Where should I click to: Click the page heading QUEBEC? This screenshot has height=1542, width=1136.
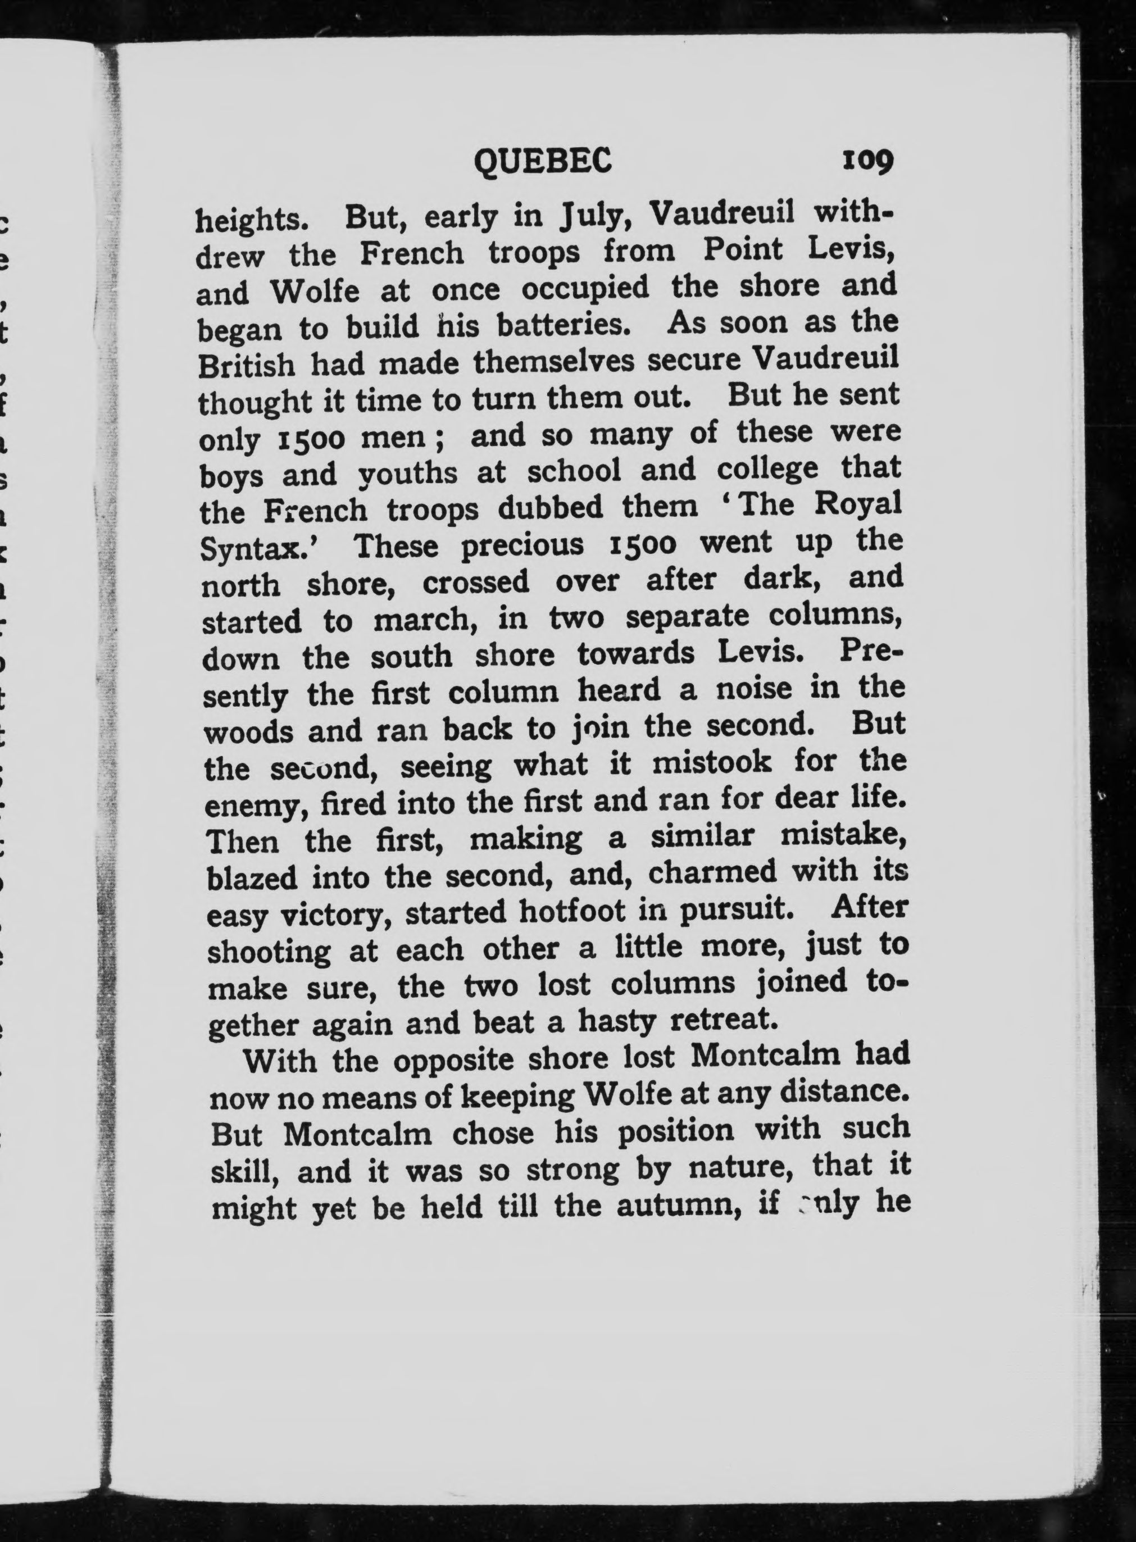click(x=543, y=162)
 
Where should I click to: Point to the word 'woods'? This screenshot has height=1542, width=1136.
click(x=248, y=732)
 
